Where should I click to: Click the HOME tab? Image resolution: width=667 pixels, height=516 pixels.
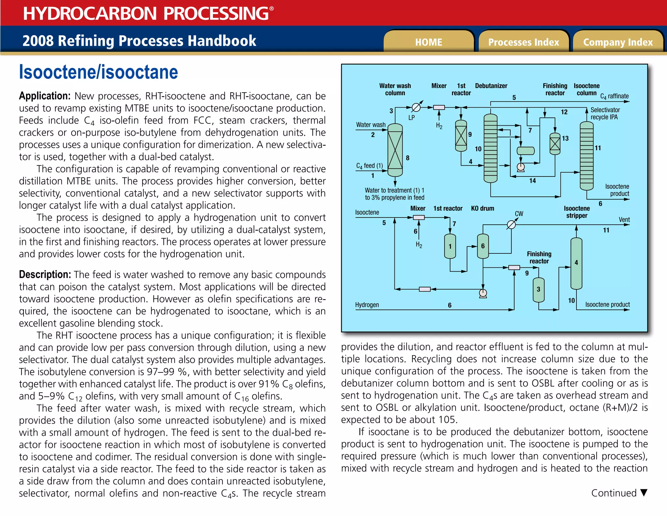pos(428,42)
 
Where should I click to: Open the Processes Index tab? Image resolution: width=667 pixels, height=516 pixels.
pos(523,42)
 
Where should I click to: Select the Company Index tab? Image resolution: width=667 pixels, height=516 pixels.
pos(618,42)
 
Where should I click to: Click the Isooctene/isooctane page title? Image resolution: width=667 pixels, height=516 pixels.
pos(98,72)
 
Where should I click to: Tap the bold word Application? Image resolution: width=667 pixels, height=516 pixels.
pos(45,96)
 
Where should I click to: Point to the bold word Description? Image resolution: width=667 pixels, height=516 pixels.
pos(45,274)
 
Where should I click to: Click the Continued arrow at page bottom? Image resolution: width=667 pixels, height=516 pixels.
pos(644,492)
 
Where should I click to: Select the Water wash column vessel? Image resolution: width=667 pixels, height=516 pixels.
pos(395,150)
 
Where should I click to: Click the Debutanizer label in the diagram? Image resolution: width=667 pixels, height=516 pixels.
pos(491,86)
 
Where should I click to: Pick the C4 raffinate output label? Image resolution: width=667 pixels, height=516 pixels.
pos(614,96)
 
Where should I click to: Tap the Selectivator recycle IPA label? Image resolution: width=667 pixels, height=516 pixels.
pos(605,114)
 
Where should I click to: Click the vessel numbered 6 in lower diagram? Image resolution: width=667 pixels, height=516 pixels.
pos(483,246)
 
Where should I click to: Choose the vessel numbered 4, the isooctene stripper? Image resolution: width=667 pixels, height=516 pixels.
pos(576,263)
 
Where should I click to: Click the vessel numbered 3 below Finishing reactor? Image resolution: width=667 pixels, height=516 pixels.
pos(538,289)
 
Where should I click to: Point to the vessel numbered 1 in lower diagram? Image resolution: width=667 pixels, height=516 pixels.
pos(450,246)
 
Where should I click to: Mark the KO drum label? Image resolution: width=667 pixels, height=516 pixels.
pos(482,208)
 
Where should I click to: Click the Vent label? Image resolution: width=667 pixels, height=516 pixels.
pos(624,220)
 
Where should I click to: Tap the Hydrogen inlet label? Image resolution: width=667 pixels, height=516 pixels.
pos(367,305)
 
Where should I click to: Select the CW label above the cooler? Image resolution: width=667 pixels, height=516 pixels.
pos(519,214)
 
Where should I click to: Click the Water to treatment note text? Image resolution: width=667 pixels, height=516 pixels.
pos(394,194)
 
